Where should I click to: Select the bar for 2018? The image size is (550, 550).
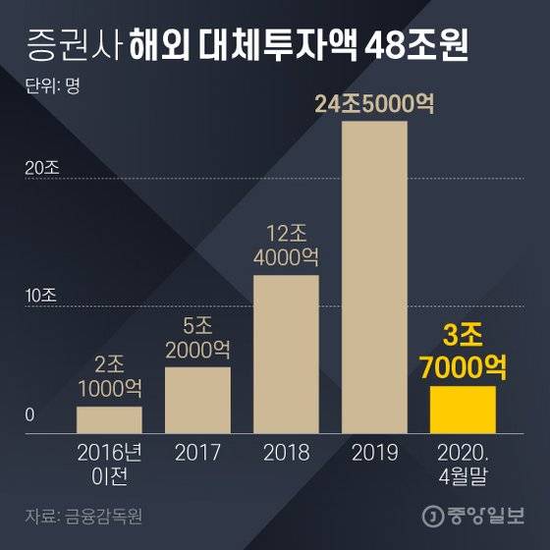coord(286,355)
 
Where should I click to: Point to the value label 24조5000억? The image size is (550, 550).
coord(374,102)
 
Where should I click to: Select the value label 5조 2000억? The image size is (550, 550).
coord(197,337)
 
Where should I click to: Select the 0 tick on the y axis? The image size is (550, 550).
coord(30,415)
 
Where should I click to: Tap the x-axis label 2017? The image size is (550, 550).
coord(197,453)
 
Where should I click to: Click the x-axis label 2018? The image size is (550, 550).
coord(286,453)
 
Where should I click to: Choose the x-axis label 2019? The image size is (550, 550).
coord(374,453)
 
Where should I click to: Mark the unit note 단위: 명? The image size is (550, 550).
coord(50,84)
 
